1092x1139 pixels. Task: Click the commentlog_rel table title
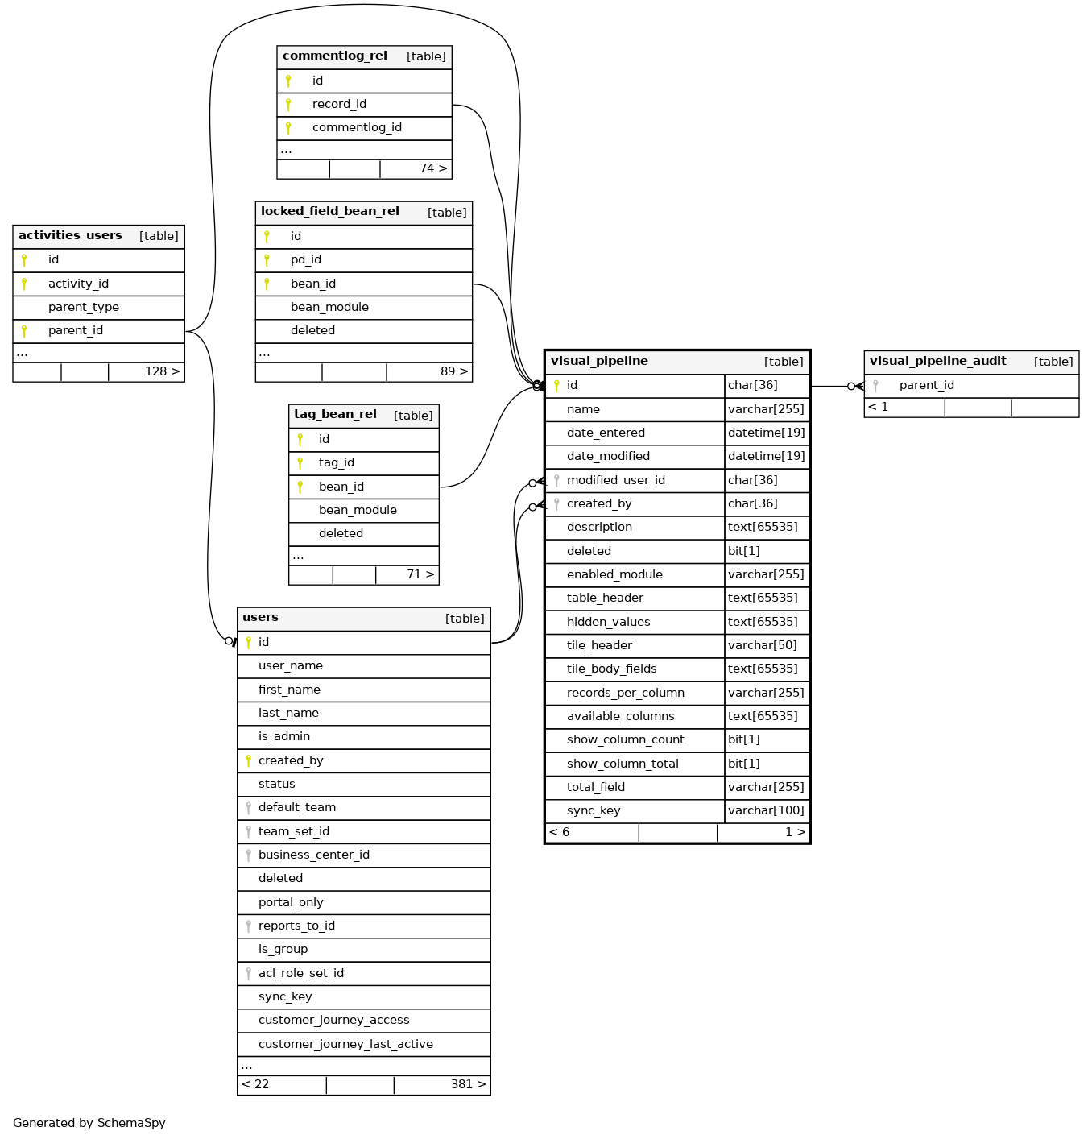tap(335, 56)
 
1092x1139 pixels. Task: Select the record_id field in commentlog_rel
tap(339, 104)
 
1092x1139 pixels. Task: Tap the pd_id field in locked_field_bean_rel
tap(306, 259)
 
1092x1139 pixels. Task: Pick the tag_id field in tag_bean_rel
tap(337, 462)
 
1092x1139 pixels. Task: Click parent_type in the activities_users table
tap(84, 307)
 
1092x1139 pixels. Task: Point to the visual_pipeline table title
tap(599, 361)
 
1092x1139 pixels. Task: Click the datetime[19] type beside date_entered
tap(766, 433)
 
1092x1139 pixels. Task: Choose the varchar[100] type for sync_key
tap(766, 810)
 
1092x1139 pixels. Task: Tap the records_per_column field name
tap(626, 693)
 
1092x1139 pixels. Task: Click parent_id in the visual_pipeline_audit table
tap(927, 385)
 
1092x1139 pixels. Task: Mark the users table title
tap(260, 618)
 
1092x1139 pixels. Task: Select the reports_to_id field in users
tap(296, 926)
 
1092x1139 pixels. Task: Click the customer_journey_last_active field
tap(345, 1044)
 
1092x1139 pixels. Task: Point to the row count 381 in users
tap(462, 1084)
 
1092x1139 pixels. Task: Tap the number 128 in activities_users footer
tap(156, 371)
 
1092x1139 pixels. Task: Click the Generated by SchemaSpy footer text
tap(89, 1123)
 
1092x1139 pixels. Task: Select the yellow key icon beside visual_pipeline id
tap(556, 386)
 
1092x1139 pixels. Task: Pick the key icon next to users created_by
tap(249, 760)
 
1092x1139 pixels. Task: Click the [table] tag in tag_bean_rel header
tap(413, 416)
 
